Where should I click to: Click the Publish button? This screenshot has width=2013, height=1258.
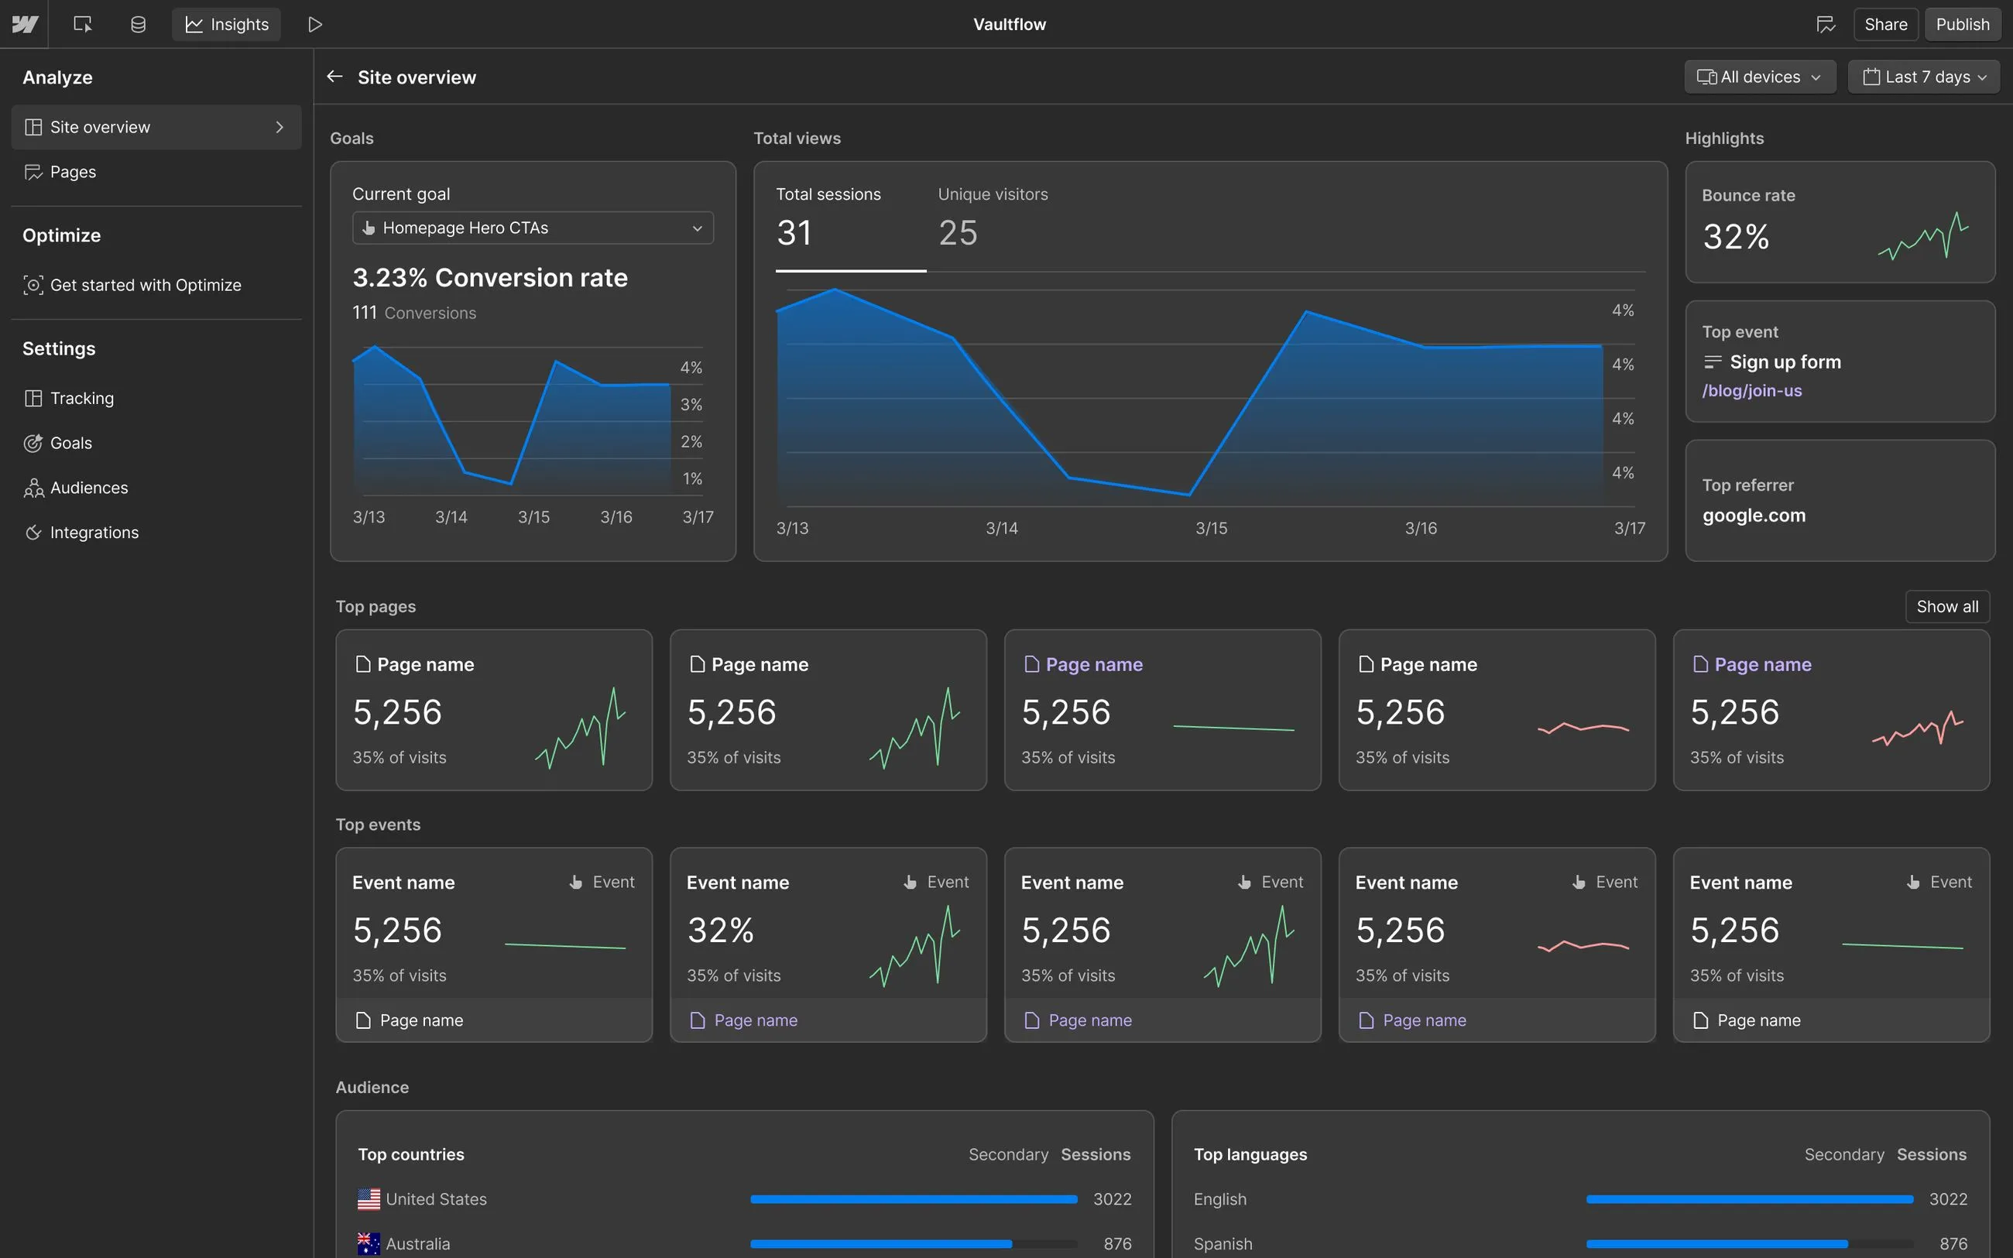click(x=1961, y=24)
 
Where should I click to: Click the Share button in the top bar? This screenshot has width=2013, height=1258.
click(x=1885, y=24)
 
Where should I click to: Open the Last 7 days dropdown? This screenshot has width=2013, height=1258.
click(x=1923, y=77)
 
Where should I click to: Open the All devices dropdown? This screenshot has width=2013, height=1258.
click(x=1759, y=77)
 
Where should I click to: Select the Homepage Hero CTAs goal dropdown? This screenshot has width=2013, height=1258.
click(x=533, y=228)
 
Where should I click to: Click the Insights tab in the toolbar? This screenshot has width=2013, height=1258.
click(x=226, y=24)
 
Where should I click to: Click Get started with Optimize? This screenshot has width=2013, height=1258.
click(x=145, y=285)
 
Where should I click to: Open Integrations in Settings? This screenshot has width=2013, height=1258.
click(x=94, y=533)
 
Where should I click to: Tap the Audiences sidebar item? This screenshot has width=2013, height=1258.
click(x=88, y=488)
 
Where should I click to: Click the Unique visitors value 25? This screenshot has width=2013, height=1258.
click(x=958, y=233)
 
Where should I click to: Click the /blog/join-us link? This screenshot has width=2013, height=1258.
click(x=1751, y=390)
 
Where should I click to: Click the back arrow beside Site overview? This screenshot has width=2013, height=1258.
click(x=334, y=77)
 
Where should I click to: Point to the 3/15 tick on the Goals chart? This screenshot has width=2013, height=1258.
click(x=533, y=516)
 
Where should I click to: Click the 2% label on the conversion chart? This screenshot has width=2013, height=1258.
click(x=691, y=441)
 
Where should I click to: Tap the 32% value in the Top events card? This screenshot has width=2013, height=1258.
click(x=720, y=931)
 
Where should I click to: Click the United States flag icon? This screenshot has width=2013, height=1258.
click(x=369, y=1199)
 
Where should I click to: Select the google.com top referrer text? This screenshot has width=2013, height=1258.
click(x=1754, y=515)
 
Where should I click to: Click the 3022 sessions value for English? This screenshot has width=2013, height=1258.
click(x=1947, y=1199)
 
